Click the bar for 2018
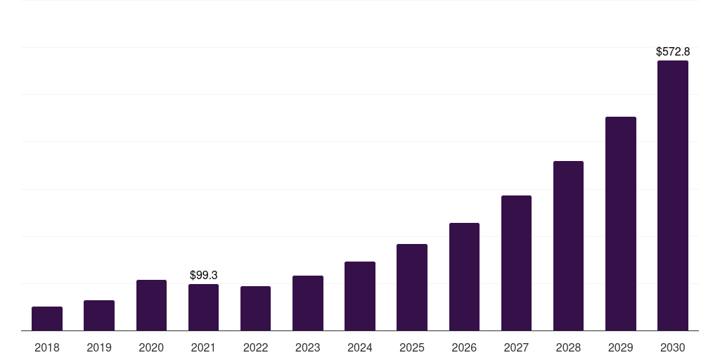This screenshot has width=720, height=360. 47,319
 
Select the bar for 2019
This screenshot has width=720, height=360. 99,316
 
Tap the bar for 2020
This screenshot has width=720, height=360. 151,305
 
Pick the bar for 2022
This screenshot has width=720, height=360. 255,309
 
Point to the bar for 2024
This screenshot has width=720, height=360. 360,296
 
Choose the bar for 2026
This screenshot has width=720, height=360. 464,277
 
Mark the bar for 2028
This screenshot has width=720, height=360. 568,246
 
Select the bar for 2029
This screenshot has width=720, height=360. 621,224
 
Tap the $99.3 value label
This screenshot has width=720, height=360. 204,276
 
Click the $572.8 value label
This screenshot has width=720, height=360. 673,52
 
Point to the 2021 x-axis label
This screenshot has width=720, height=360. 204,347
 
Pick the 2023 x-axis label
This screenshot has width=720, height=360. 308,347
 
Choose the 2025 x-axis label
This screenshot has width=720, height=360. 412,347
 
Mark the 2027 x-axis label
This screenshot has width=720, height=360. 516,347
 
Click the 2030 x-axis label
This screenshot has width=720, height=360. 673,347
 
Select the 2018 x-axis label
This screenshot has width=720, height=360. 47,347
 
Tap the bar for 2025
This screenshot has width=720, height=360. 412,288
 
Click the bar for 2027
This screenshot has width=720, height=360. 516,263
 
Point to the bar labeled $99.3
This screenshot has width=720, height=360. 204,307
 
